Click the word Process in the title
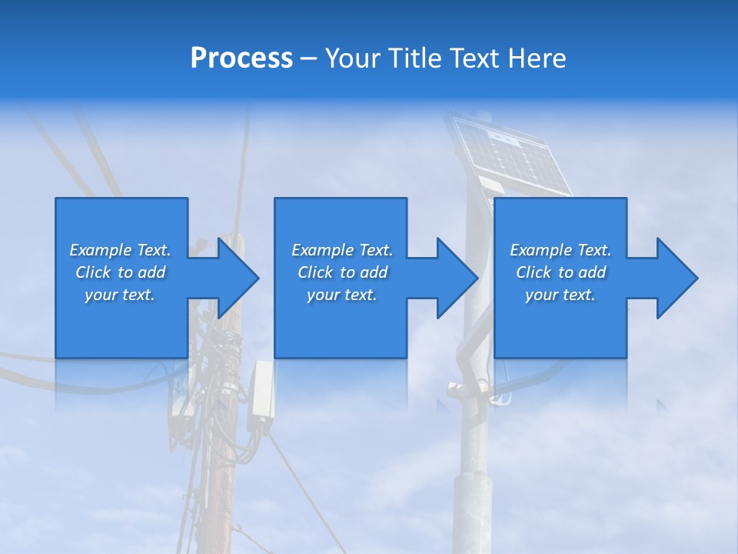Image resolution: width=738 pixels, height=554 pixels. tap(241, 58)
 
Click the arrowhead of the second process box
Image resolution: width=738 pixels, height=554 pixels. tap(456, 278)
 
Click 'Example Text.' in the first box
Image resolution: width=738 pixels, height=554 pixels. tap(120, 250)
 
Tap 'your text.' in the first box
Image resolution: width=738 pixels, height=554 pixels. tap(120, 295)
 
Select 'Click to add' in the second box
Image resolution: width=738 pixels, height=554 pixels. tap(342, 272)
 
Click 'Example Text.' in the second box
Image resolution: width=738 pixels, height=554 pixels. tap(342, 250)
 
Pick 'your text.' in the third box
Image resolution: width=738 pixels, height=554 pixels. tap(560, 295)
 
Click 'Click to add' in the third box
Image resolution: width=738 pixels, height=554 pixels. tap(560, 272)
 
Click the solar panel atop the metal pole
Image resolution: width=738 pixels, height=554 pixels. tap(510, 154)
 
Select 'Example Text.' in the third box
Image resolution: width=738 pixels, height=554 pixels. tap(560, 250)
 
